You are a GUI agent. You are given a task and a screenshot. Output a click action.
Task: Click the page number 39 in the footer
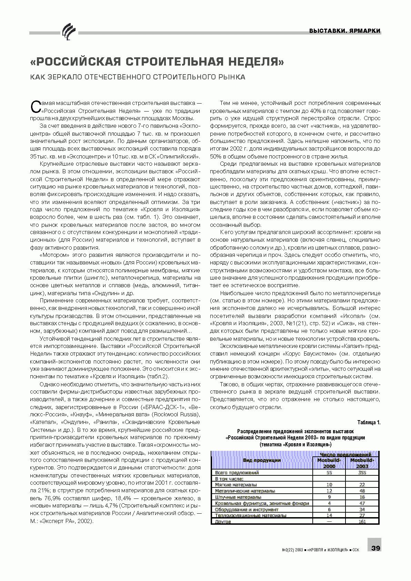(375, 548)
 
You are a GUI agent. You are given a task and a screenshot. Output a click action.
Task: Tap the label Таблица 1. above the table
(369, 422)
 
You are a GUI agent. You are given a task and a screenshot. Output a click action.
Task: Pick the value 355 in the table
(362, 473)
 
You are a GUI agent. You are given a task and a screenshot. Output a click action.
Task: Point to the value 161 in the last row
(362, 522)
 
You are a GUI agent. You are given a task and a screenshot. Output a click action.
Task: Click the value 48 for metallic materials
(362, 491)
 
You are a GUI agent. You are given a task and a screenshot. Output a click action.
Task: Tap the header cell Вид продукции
(262, 460)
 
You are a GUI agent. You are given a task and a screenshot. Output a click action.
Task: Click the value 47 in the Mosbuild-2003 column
(362, 503)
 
